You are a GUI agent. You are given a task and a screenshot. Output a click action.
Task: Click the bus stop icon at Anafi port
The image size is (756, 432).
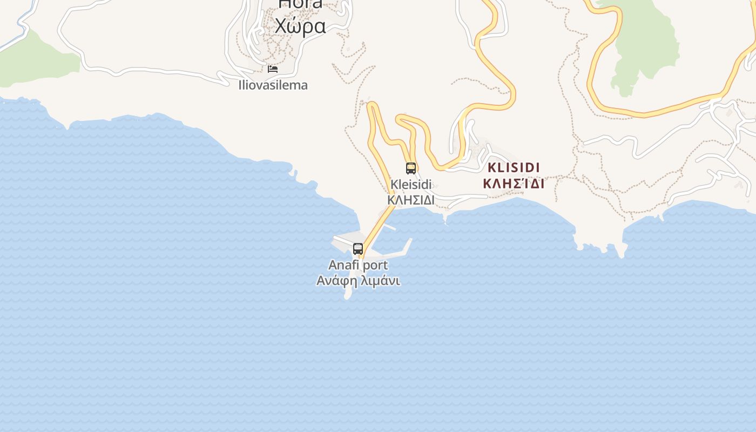(x=358, y=249)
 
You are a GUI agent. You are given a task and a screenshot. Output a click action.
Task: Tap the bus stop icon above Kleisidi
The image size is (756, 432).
(x=411, y=168)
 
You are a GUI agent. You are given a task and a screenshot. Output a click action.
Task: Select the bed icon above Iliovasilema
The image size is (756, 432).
(x=273, y=69)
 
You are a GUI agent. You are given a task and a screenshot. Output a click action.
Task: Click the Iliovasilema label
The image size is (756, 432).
(x=273, y=85)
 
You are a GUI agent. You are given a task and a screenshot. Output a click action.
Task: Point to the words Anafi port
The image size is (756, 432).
(x=358, y=265)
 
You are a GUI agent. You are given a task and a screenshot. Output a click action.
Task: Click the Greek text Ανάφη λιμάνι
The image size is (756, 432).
(x=358, y=281)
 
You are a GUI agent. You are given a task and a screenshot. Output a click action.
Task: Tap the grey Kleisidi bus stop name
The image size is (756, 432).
(x=411, y=184)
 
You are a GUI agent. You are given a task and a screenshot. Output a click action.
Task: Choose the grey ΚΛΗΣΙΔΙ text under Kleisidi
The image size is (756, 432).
(x=411, y=200)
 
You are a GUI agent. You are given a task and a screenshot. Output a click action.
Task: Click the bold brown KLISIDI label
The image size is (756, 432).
(x=514, y=167)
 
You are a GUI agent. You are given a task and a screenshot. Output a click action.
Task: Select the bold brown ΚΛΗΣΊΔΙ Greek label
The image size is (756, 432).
(x=514, y=184)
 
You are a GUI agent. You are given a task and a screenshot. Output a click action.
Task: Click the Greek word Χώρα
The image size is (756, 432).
(x=300, y=26)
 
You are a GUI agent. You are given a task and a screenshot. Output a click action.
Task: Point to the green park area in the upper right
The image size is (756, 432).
(x=645, y=43)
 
